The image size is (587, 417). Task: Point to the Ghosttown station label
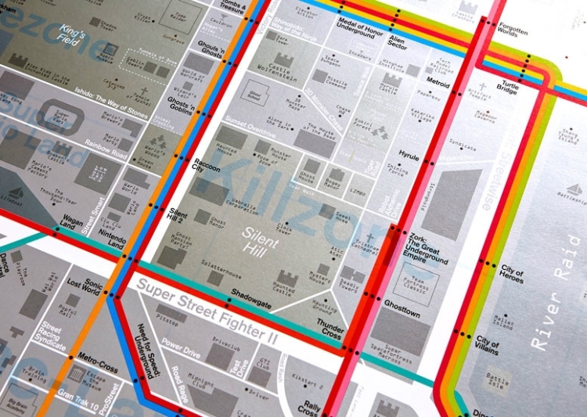[x=402, y=314]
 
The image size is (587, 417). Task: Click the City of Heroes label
[x=512, y=272]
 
